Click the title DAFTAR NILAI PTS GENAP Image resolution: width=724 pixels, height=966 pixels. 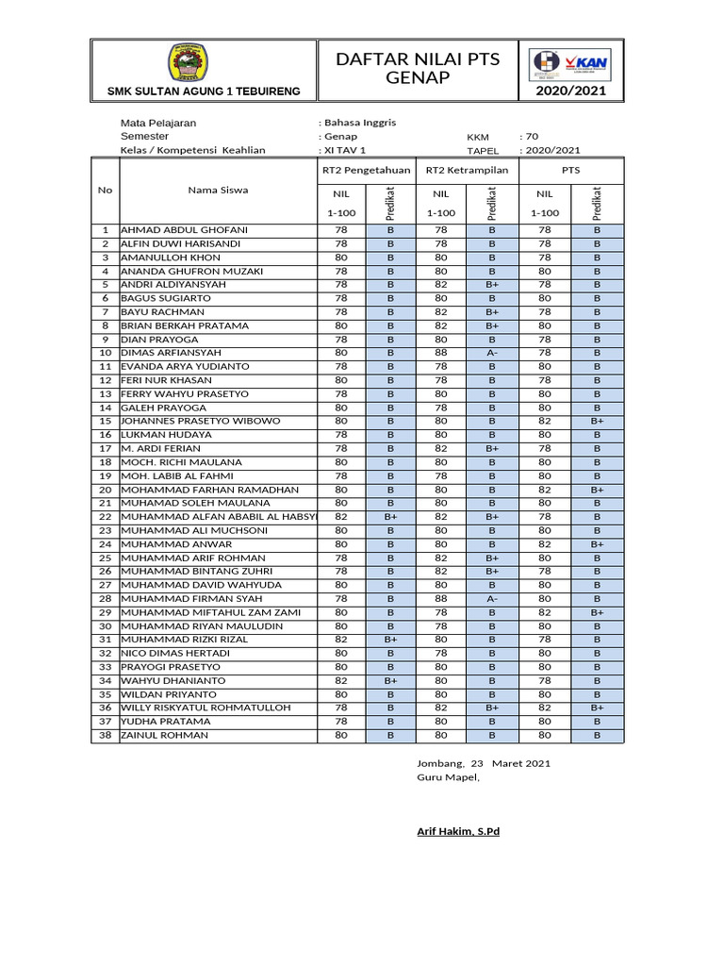pos(418,69)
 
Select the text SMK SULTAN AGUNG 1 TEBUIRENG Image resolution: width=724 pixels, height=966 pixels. pos(204,92)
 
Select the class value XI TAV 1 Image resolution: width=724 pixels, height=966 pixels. pos(344,150)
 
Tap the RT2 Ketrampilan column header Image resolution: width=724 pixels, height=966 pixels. pos(467,171)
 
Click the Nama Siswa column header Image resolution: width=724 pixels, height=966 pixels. pos(218,190)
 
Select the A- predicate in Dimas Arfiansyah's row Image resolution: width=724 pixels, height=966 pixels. pos(492,353)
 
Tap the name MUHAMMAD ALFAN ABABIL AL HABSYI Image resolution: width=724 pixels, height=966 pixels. pos(214,517)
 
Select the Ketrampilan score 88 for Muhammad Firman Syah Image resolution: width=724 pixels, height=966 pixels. pos(441,599)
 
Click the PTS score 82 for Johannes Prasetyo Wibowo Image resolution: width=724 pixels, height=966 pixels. pos(545,421)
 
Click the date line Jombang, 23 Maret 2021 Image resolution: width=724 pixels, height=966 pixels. pos(484,763)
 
